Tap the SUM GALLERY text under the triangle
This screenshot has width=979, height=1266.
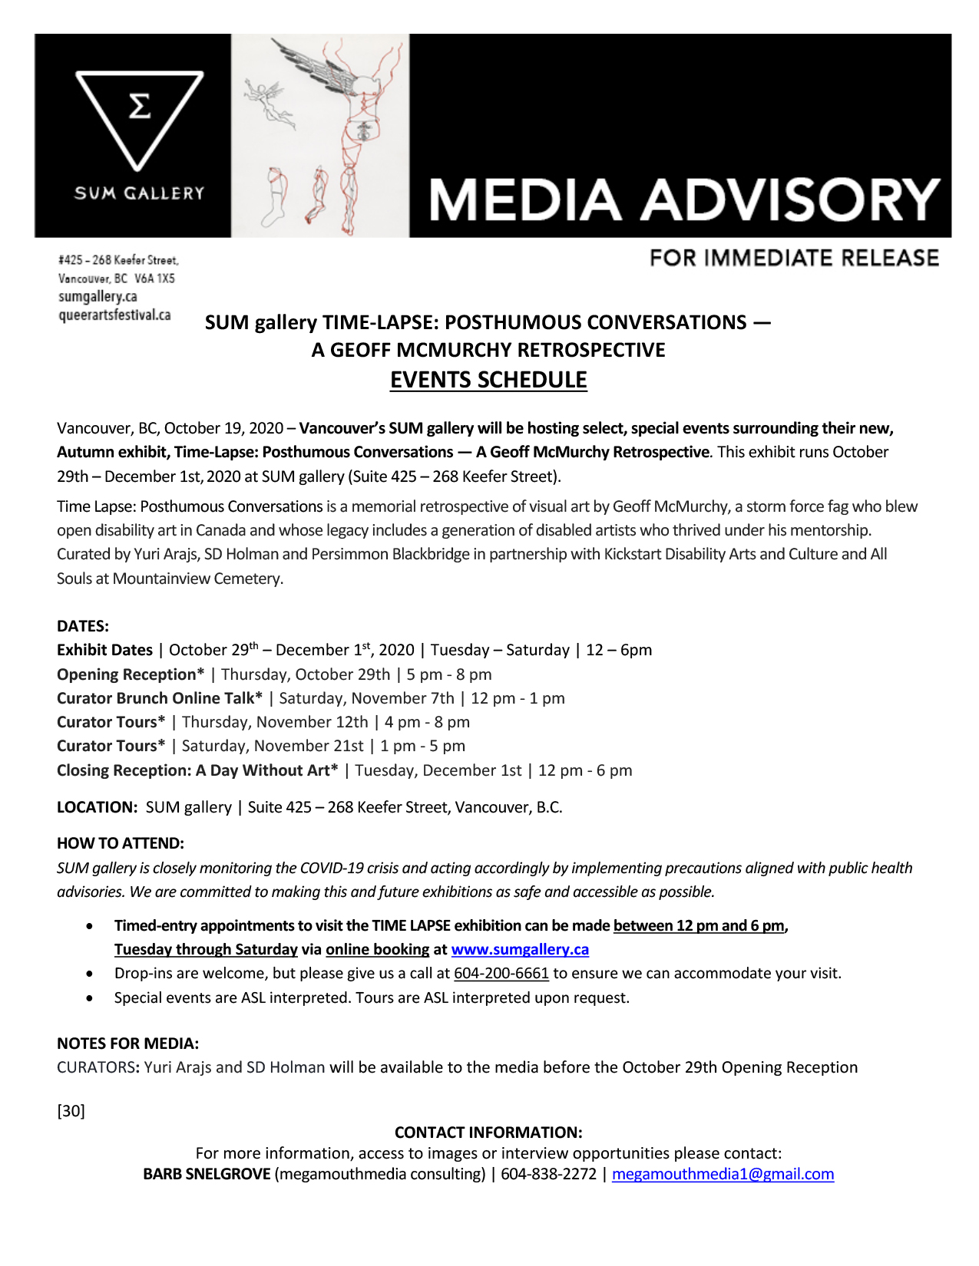139,193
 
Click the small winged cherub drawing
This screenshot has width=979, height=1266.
263,100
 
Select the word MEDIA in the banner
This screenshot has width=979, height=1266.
525,200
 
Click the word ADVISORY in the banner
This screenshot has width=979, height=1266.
790,200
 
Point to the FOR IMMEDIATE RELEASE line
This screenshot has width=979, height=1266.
794,258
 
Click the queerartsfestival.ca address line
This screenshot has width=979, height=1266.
114,315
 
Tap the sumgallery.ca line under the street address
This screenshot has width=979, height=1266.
98,296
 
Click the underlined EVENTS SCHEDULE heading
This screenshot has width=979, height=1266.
488,380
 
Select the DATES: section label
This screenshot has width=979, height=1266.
83,626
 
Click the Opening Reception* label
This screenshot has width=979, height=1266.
131,674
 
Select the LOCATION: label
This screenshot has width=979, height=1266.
97,807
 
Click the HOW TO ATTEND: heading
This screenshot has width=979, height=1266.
121,843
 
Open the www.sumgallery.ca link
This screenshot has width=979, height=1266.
520,949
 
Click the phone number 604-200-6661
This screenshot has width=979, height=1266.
501,973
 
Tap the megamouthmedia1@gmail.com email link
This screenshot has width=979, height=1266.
723,1174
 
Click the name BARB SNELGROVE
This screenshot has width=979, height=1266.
207,1174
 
